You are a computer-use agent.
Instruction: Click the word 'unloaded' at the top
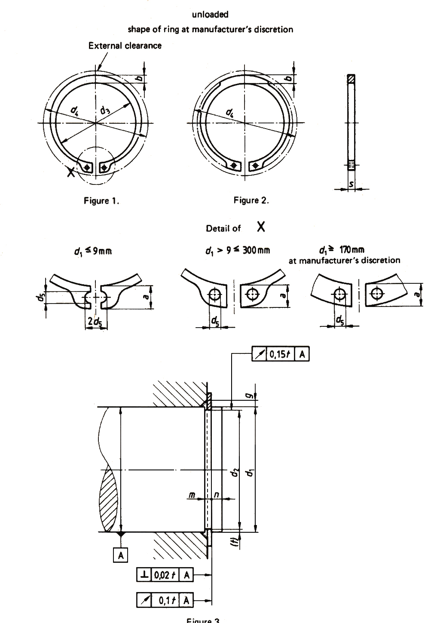[211, 14]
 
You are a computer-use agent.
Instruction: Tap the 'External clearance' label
[125, 46]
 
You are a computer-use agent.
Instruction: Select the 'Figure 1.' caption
[101, 200]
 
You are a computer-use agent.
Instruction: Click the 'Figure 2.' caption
[251, 200]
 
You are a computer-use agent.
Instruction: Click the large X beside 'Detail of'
[261, 227]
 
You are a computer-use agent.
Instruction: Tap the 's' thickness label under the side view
[351, 184]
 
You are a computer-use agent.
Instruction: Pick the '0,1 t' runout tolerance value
[165, 600]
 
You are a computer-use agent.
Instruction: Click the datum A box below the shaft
[121, 556]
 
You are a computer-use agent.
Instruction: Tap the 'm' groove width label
[193, 495]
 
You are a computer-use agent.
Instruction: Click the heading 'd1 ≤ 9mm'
[93, 251]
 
